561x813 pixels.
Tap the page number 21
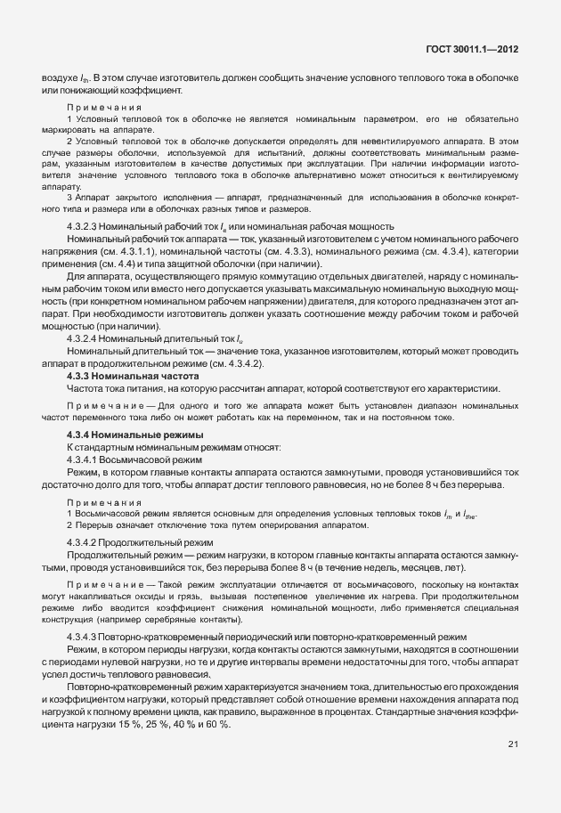[x=513, y=744]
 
